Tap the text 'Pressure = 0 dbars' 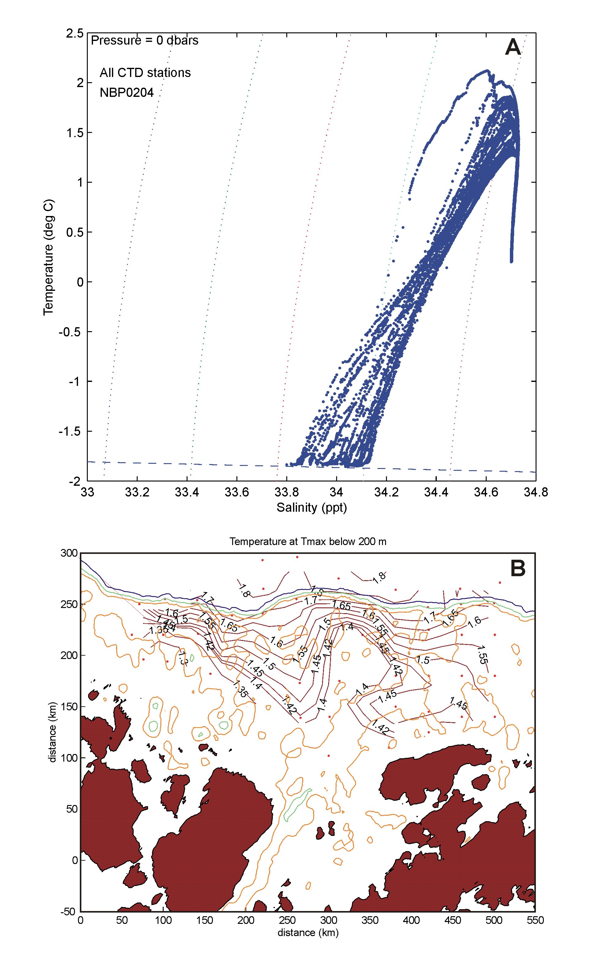145,40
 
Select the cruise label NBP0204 127,93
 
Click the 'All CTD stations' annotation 145,73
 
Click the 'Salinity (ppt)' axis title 312,507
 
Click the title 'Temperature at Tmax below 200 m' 308,541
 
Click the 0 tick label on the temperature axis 80,282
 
